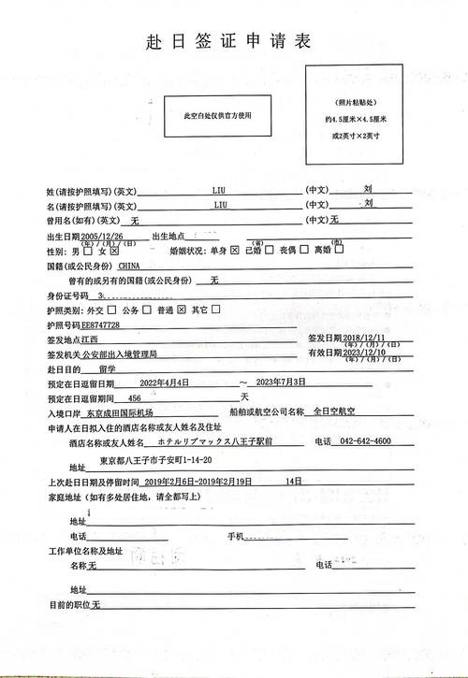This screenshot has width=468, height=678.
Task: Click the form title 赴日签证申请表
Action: point(227,42)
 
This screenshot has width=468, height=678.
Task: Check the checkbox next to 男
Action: point(87,252)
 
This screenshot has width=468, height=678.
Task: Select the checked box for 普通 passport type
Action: point(182,310)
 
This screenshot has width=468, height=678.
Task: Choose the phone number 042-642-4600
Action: point(366,441)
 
